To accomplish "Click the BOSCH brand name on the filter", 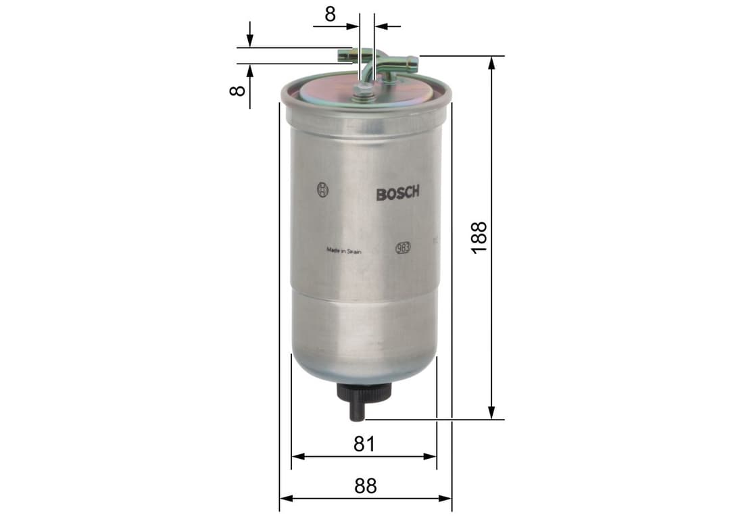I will click(x=397, y=193).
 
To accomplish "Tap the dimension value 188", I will click(x=479, y=237).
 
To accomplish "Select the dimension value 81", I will click(x=364, y=444).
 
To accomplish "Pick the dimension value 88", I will click(x=365, y=486).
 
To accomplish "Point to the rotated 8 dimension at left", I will click(x=236, y=90).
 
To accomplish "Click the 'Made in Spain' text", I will click(x=344, y=250).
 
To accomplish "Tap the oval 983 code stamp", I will click(x=404, y=247).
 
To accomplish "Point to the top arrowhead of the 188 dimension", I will click(x=492, y=61).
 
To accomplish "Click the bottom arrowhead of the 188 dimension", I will click(x=492, y=413).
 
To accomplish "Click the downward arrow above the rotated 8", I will click(x=249, y=41).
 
